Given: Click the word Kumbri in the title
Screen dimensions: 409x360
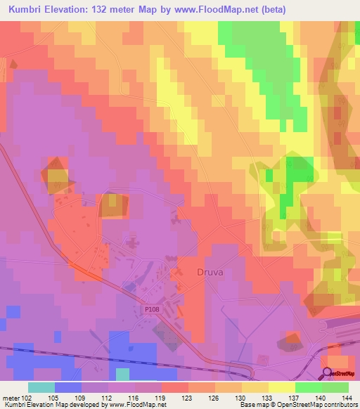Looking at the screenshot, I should (x=28, y=9).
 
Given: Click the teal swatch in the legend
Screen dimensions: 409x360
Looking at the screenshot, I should (x=41, y=387).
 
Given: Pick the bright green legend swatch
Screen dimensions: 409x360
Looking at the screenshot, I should (x=308, y=387).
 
